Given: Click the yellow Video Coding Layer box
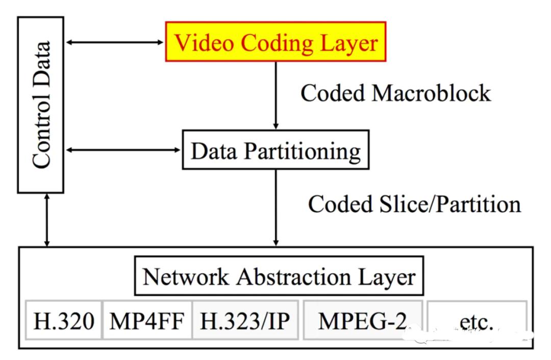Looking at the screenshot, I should pos(275,42).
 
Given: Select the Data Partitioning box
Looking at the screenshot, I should pos(275,149).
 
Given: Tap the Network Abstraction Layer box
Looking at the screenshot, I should pos(279,277).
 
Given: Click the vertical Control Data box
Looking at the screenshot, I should pos(41,105).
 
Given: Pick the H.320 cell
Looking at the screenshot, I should pos(64,320).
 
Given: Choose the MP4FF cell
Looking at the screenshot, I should pos(147,320).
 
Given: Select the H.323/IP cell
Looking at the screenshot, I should pos(245,320).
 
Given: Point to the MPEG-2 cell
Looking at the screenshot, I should pos(363,320).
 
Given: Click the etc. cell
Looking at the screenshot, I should pos(475,320).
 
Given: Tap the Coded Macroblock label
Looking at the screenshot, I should pos(395,93).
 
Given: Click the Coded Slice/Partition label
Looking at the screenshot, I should pos(414,204).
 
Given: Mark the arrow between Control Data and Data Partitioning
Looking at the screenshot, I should pos(123,150).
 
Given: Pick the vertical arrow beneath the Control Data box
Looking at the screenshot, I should pos(47,220).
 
